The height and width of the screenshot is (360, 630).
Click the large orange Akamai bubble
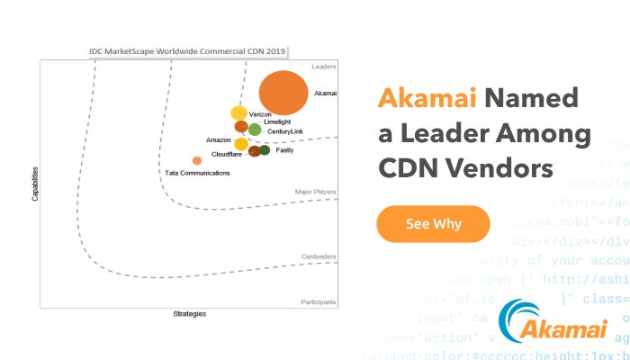coord(282,94)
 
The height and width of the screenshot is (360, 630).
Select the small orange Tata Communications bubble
coord(197,160)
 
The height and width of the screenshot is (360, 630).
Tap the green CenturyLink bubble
coord(255,130)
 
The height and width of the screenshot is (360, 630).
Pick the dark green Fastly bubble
coord(265,150)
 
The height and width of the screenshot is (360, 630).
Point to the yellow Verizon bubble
coord(238,113)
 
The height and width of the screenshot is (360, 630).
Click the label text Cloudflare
coord(226,155)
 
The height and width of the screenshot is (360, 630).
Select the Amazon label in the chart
coord(219,140)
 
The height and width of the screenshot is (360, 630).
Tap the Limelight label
coord(276,121)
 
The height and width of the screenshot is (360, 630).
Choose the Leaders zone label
coord(323,67)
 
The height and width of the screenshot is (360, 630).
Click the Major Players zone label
coord(315,192)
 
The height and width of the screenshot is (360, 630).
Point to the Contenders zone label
coord(319,256)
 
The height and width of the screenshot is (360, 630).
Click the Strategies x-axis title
coord(189,314)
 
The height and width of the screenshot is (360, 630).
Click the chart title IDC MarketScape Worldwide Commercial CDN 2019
coord(193,51)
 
